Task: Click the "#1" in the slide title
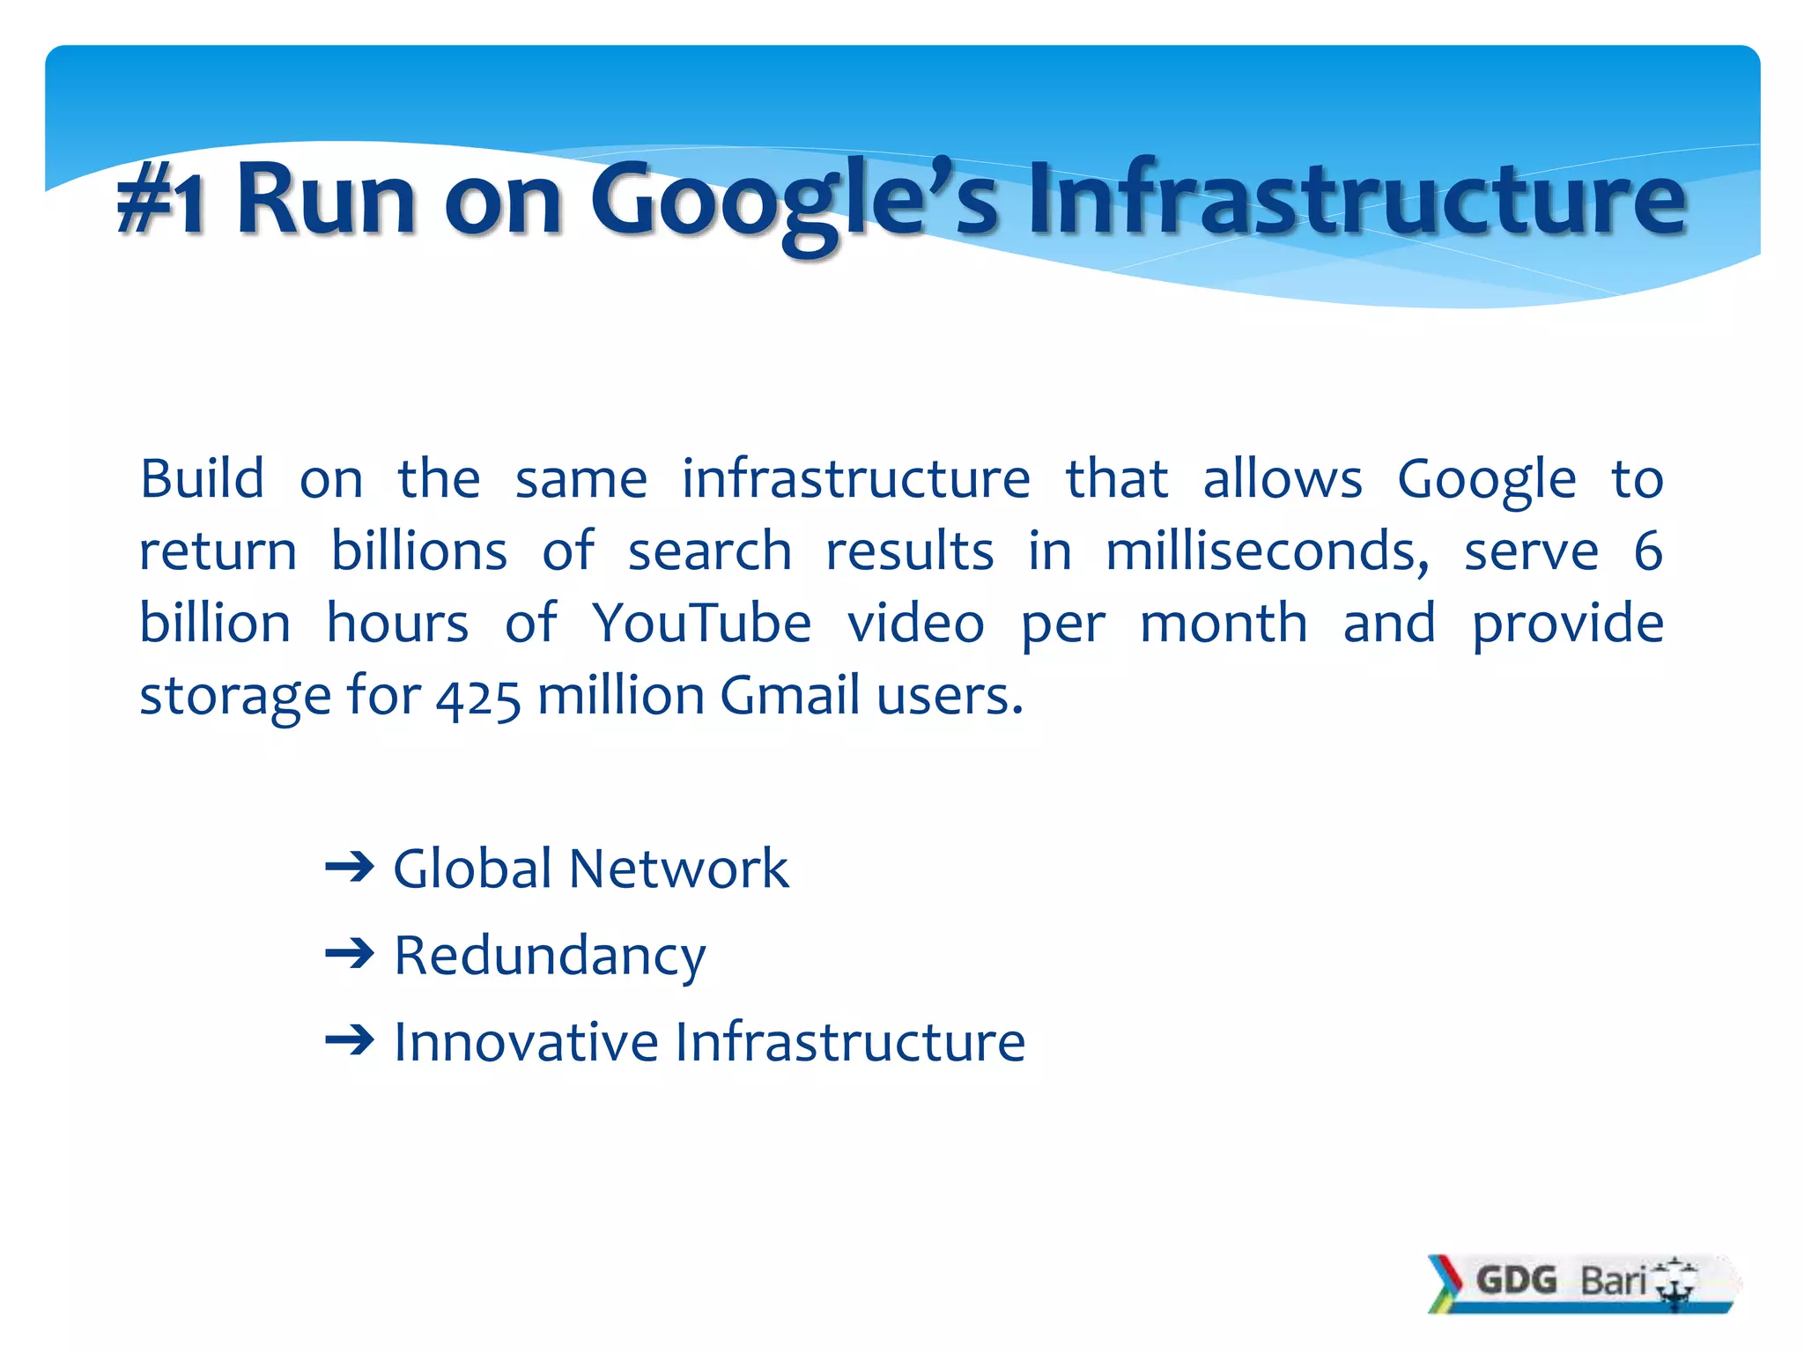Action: (162, 201)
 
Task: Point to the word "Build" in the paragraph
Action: (202, 479)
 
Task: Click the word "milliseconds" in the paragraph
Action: (1267, 551)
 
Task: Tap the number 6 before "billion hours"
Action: (1647, 551)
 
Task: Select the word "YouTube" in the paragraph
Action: (701, 624)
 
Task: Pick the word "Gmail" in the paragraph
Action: (790, 696)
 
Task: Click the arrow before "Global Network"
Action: (350, 869)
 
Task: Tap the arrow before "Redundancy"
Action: (350, 954)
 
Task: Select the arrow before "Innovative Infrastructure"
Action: (350, 1041)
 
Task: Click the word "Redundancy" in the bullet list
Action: (550, 956)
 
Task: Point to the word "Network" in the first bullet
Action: (678, 869)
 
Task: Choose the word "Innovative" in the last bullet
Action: (526, 1042)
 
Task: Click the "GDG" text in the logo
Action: (1517, 1280)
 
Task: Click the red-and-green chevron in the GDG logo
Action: (1445, 1283)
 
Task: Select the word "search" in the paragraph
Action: (709, 551)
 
